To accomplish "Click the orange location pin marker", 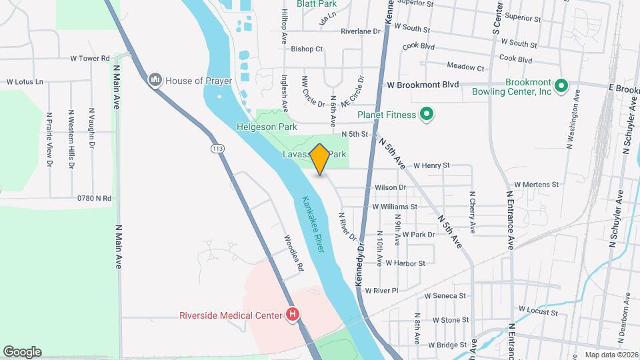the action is [x=319, y=159].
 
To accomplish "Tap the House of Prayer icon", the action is [x=155, y=81].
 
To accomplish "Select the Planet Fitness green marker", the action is [x=427, y=115].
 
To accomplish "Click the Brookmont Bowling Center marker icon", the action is [x=561, y=85].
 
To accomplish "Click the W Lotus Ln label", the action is [x=25, y=82].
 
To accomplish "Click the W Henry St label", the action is [x=431, y=165].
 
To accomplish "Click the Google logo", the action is [x=21, y=352].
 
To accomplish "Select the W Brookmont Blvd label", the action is [x=423, y=85].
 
